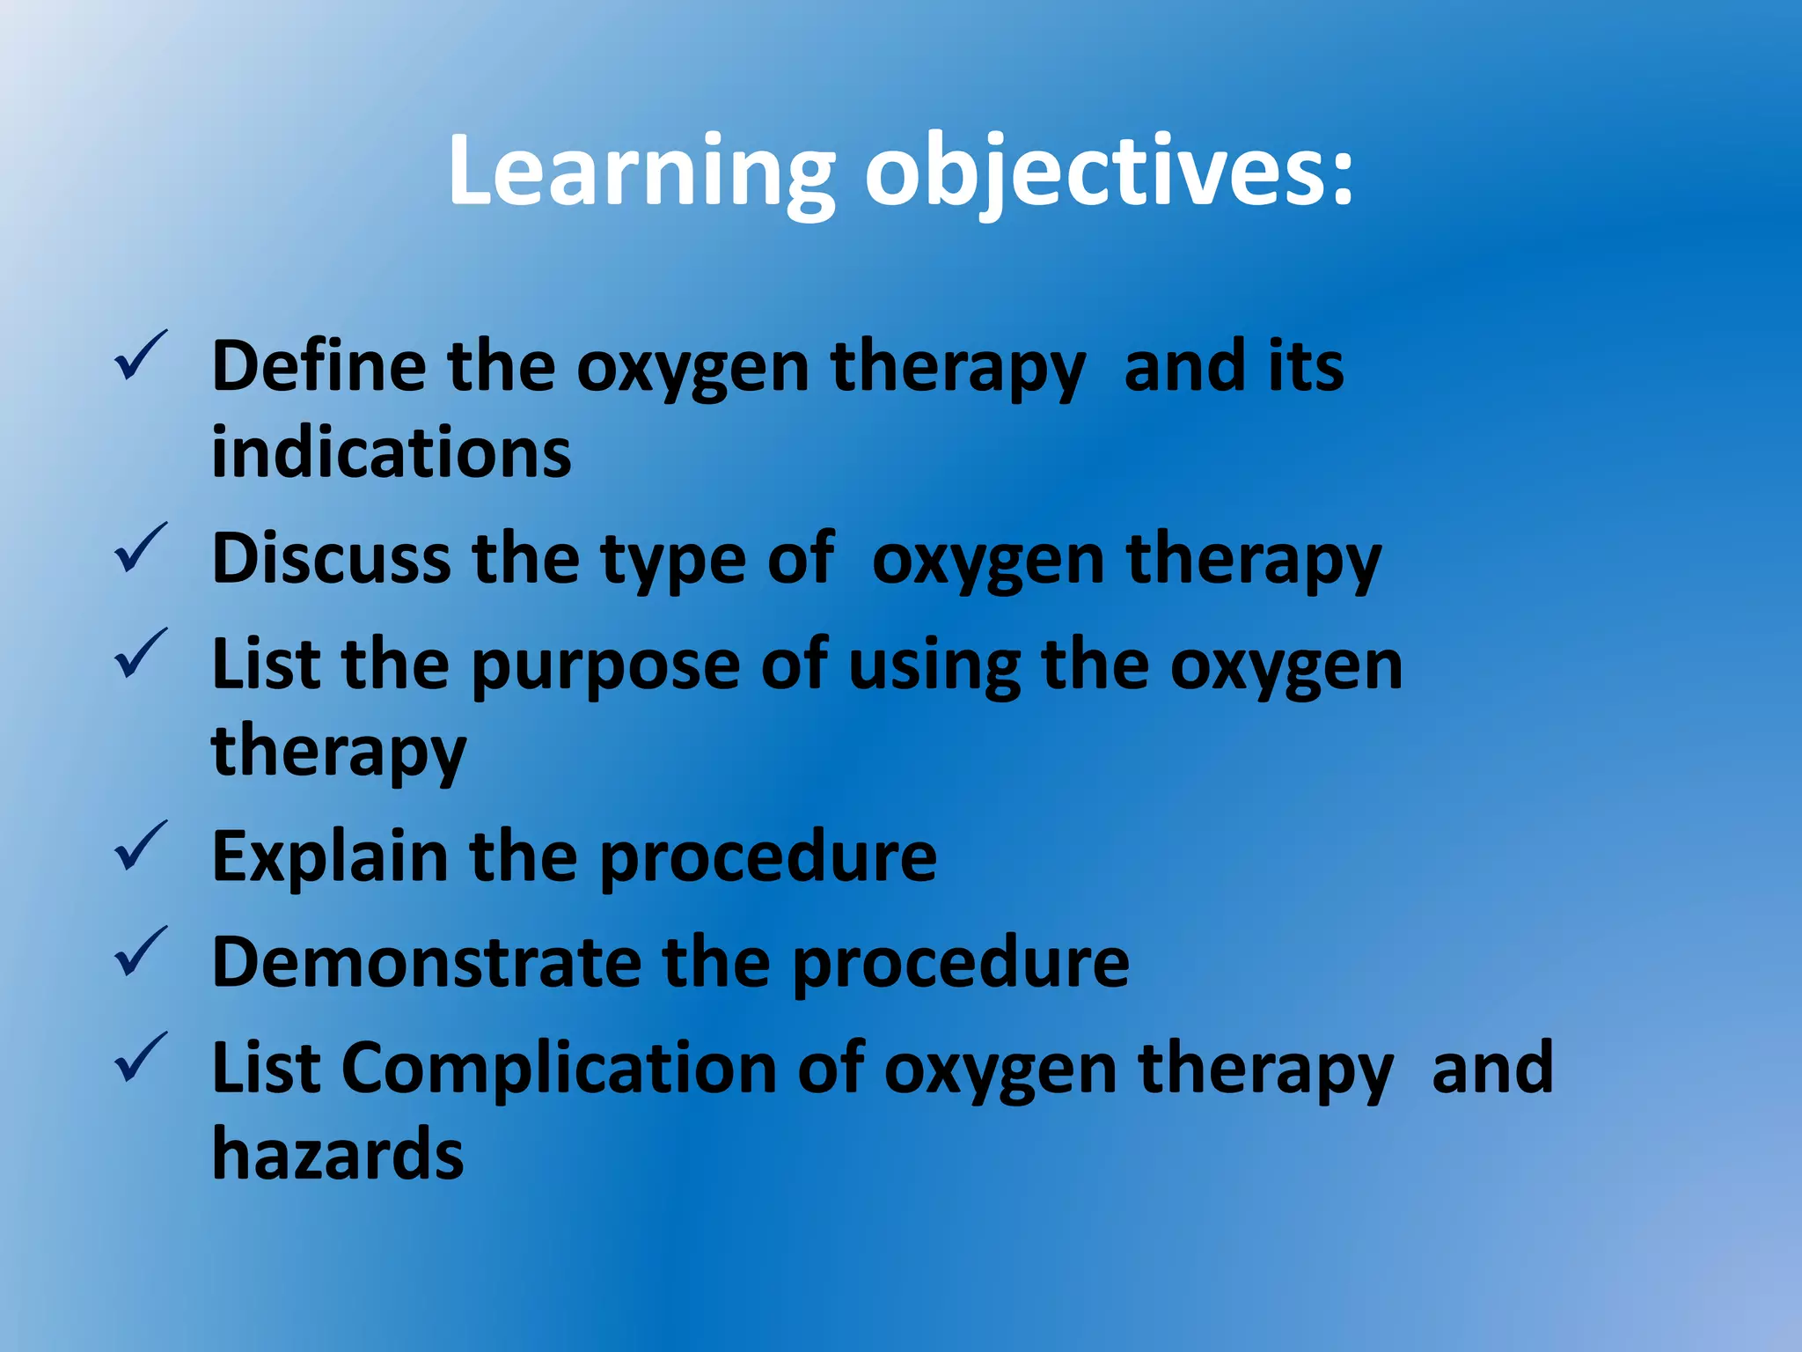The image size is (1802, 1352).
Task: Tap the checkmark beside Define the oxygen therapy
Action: [x=140, y=356]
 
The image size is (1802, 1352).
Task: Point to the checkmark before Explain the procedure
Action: [x=140, y=846]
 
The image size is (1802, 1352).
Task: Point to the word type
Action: [x=673, y=563]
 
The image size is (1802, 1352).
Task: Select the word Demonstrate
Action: [x=426, y=961]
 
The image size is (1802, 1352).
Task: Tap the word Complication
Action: [x=559, y=1069]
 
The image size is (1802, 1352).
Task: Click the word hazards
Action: [x=338, y=1153]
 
